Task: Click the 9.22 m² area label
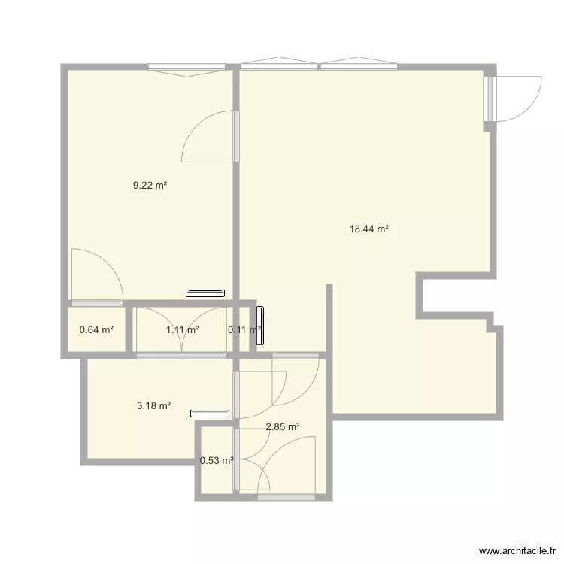point(150,185)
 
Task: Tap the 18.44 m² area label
point(368,229)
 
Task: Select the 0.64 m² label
point(96,329)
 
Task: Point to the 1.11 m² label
point(182,329)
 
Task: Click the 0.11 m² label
point(244,329)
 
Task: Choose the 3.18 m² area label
point(153,405)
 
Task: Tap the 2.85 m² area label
point(283,427)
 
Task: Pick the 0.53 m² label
point(217,460)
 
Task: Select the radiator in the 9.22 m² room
point(206,293)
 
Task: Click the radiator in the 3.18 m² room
point(209,412)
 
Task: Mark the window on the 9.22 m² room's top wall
point(187,69)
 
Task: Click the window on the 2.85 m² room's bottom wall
point(286,497)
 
